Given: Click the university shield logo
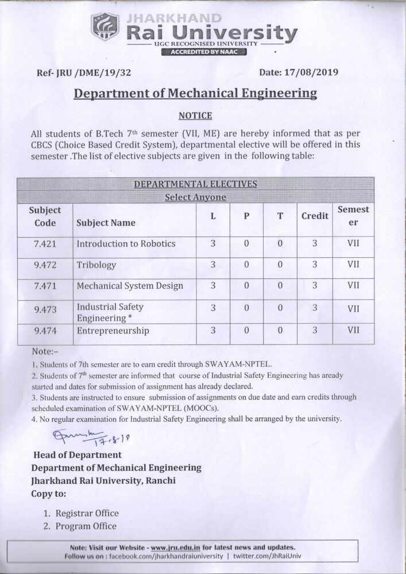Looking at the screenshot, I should (x=105, y=29).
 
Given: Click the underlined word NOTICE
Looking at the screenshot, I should (x=195, y=115).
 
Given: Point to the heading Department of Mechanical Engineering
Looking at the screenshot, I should (x=195, y=94).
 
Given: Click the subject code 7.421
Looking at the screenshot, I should (x=45, y=243).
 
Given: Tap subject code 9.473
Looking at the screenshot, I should (x=45, y=309).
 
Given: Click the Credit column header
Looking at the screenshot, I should (x=315, y=216).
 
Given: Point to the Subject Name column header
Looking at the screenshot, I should (x=106, y=223).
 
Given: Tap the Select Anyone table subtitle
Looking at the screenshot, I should (x=195, y=197).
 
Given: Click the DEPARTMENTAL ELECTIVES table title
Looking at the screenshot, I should (x=195, y=184).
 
